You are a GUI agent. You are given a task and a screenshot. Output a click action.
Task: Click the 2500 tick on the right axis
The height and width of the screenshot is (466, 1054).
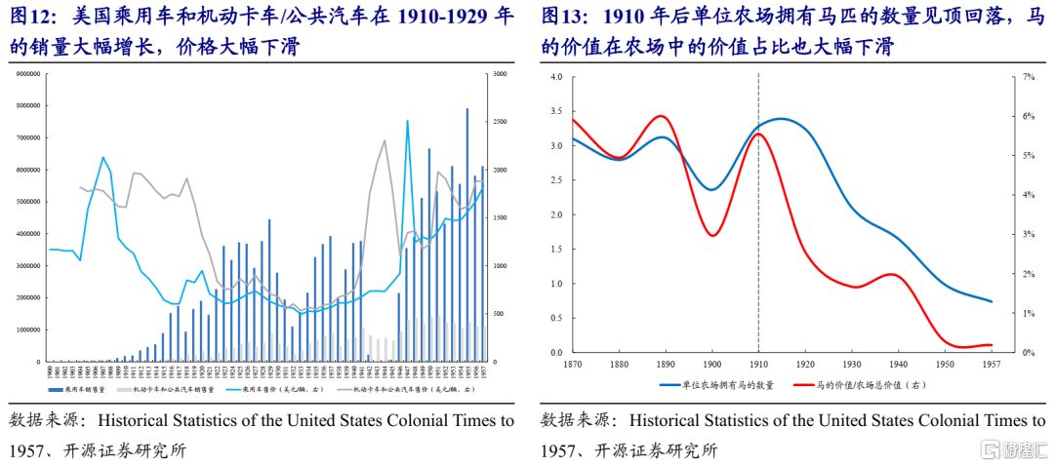point(500,122)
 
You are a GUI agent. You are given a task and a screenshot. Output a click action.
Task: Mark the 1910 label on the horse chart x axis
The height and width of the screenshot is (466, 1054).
point(758,363)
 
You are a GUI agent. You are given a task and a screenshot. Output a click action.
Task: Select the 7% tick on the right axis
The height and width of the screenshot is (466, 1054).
point(1028,76)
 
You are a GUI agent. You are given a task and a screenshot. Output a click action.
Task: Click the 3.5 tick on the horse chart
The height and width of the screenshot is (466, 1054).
point(557,111)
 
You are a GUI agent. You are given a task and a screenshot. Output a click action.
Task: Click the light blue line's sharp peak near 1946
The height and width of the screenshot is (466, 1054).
point(407,122)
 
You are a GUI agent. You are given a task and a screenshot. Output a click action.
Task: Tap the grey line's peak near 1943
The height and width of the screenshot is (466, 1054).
point(385,140)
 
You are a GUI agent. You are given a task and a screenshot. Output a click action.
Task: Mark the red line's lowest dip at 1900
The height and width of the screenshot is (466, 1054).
point(713,236)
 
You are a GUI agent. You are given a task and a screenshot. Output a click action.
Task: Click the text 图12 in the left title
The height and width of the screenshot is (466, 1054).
point(30,17)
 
